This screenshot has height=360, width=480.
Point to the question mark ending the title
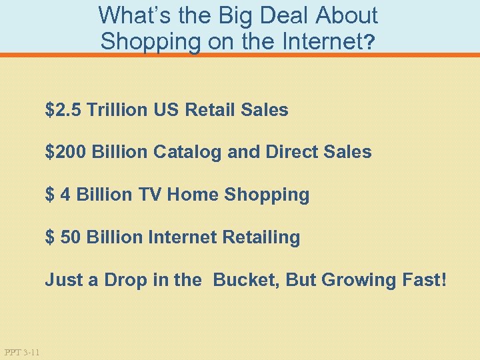pos(371,43)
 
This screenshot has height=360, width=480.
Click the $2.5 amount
pos(63,110)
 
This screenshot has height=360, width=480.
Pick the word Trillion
pos(118,110)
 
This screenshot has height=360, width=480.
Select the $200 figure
pos(66,152)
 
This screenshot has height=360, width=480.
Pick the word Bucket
pos(246,280)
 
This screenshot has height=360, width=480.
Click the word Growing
pos(354,280)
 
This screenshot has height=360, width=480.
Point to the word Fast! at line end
pos(420,280)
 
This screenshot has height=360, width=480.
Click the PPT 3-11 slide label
pos(21,352)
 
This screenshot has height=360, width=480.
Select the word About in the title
pos(347,15)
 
